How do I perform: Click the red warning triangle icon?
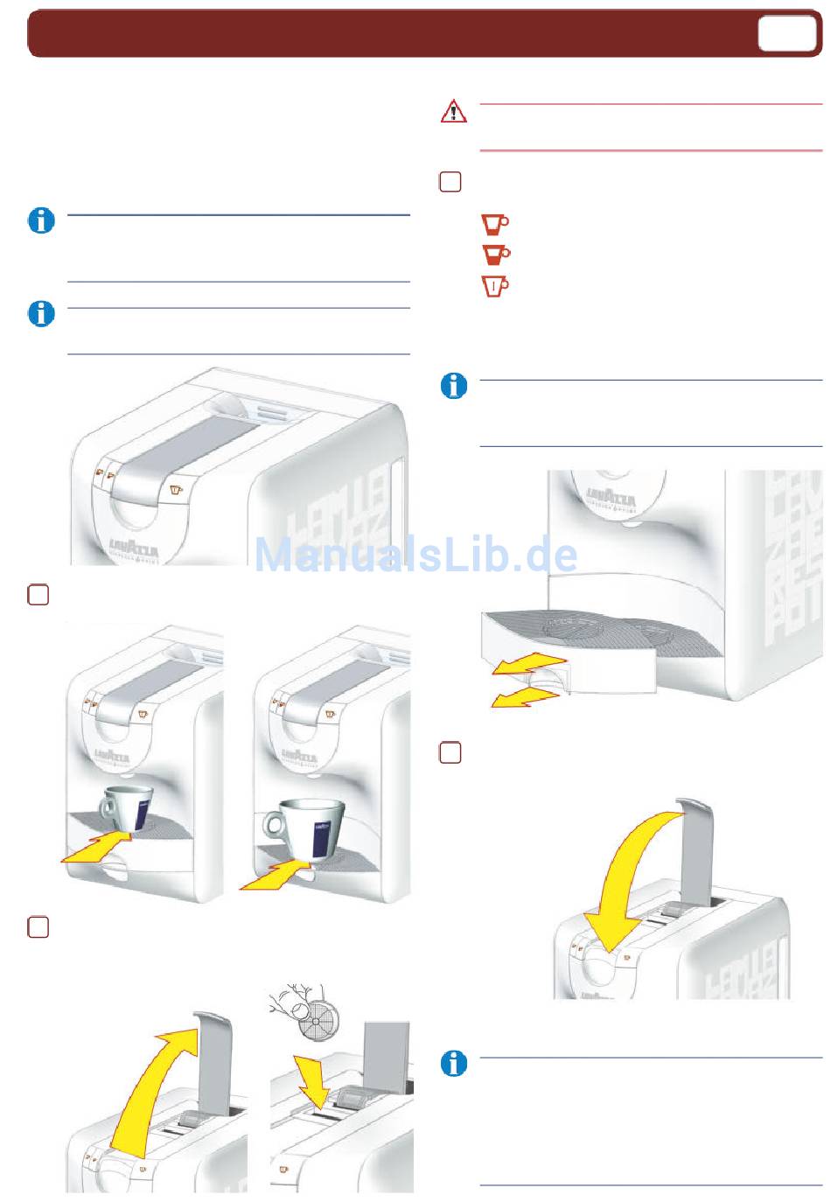[453, 112]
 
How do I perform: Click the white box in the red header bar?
[786, 34]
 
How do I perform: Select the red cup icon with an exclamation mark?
[495, 286]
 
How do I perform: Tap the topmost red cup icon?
[495, 224]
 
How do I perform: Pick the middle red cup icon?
[495, 255]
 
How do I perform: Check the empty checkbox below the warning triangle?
[450, 182]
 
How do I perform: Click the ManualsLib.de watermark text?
[415, 556]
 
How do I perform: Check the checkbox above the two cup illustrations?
[38, 595]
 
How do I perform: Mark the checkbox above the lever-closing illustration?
[450, 752]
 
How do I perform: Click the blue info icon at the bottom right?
[453, 1064]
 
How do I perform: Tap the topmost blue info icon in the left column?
[41, 220]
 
